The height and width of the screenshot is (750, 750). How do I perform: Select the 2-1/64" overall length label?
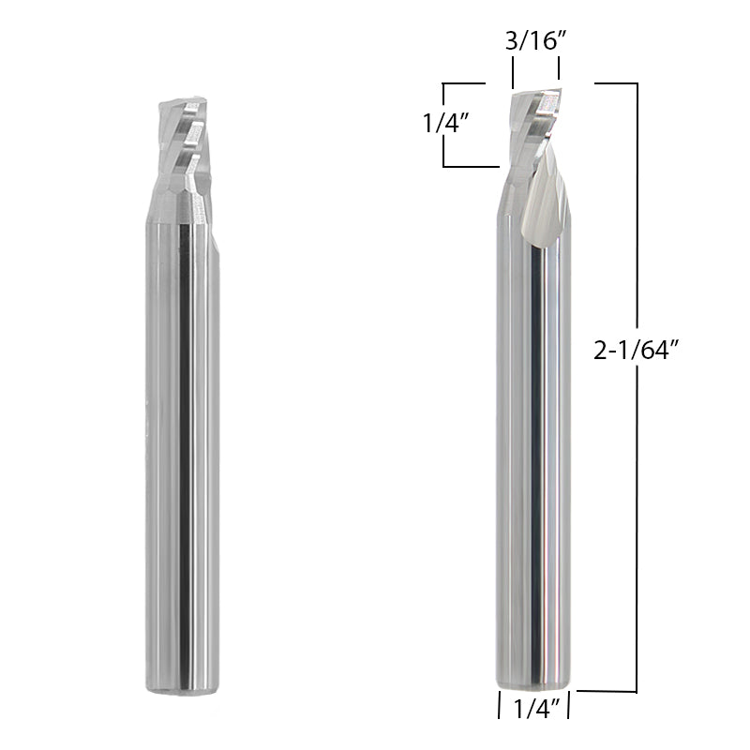(x=636, y=351)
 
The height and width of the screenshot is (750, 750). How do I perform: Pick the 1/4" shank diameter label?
(x=535, y=709)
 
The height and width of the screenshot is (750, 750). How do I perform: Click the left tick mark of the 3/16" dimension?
(x=513, y=71)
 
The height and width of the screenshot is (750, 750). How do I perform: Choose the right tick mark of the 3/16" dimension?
(x=560, y=71)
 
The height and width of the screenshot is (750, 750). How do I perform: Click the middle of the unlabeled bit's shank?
(x=182, y=450)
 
